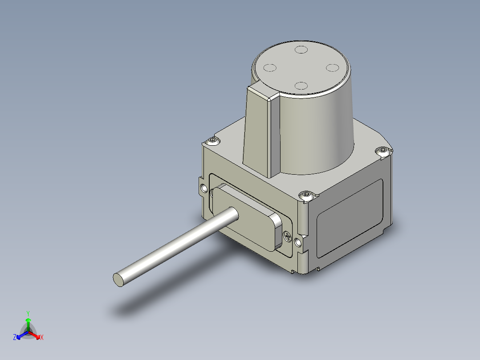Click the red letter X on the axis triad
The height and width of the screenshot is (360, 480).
(41, 337)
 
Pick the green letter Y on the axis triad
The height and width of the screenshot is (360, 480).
(28, 313)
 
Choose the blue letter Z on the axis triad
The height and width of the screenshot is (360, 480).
(15, 337)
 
